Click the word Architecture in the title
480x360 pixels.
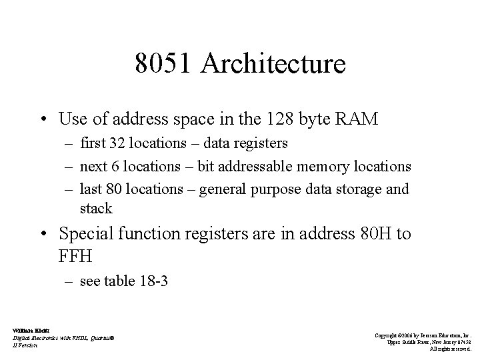pyautogui.click(x=273, y=64)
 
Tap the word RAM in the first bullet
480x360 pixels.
pyautogui.click(x=359, y=119)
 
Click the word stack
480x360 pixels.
pyautogui.click(x=96, y=209)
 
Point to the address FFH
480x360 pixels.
pyautogui.click(x=75, y=255)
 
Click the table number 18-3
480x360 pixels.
pyautogui.click(x=152, y=281)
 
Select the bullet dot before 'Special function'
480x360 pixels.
pyautogui.click(x=45, y=234)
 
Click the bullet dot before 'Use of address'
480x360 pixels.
pyautogui.click(x=45, y=120)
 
